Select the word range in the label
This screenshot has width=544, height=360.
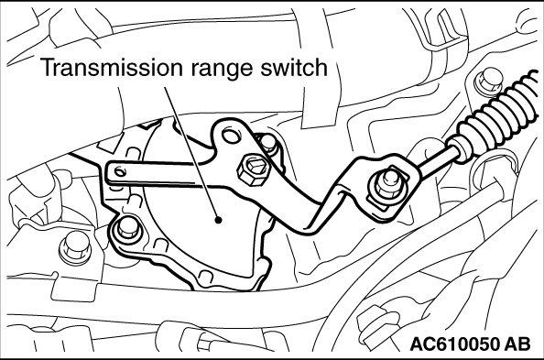point(223,70)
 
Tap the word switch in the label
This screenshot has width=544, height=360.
point(294,67)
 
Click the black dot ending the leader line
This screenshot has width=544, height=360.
point(218,220)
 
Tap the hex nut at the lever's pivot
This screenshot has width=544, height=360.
point(254,169)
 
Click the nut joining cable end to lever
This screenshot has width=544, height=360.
point(388,184)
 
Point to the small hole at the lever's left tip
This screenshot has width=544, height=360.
point(120,171)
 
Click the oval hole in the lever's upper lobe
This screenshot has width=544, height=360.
point(231,136)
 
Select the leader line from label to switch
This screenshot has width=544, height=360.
point(191,153)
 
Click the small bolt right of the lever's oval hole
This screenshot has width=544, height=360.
point(268,144)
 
